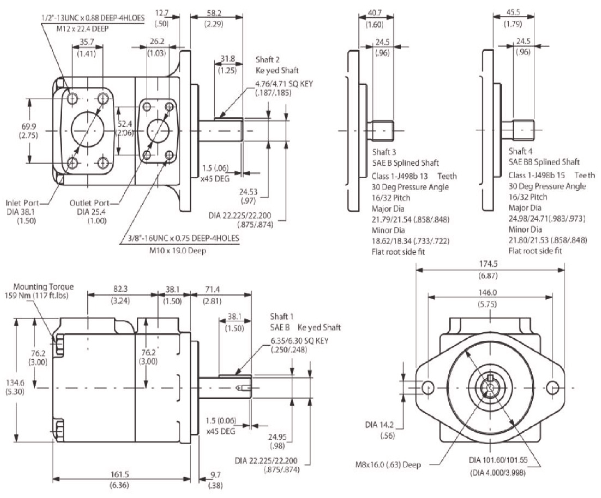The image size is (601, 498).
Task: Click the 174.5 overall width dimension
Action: pyautogui.click(x=488, y=264)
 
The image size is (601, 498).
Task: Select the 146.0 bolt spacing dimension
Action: pyautogui.click(x=487, y=292)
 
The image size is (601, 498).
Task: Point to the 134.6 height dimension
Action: pyautogui.click(x=15, y=383)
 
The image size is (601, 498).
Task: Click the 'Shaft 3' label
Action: pyautogui.click(x=384, y=152)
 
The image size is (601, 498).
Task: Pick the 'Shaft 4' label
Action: pyautogui.click(x=520, y=151)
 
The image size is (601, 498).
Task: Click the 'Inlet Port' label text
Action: pyautogui.click(x=22, y=203)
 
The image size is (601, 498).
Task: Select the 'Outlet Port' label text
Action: pyautogui.click(x=89, y=203)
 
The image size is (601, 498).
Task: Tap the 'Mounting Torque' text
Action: pyautogui.click(x=43, y=287)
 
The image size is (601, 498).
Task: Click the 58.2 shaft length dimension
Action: pyautogui.click(x=214, y=13)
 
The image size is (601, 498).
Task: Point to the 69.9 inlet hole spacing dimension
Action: pyautogui.click(x=29, y=127)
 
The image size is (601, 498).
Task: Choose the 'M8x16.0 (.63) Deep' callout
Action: pyautogui.click(x=388, y=465)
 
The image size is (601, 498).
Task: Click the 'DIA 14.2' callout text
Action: pyautogui.click(x=379, y=425)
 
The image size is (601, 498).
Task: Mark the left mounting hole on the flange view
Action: pyautogui.click(x=428, y=388)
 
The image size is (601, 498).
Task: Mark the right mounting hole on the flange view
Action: pyautogui.click(x=552, y=388)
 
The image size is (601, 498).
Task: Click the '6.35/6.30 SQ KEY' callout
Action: pyautogui.click(x=299, y=341)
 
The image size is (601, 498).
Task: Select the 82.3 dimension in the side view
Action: pyautogui.click(x=120, y=289)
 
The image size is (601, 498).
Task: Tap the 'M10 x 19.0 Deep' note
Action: pyautogui.click(x=177, y=251)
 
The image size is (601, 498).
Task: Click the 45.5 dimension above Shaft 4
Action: pyautogui.click(x=513, y=12)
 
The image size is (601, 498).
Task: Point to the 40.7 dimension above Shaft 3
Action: pyautogui.click(x=375, y=13)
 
